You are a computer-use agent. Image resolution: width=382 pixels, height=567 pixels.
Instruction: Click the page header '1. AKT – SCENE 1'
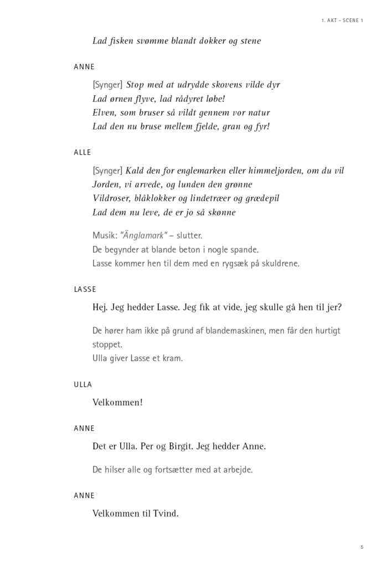342,20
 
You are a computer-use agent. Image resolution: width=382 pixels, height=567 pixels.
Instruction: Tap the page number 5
362,547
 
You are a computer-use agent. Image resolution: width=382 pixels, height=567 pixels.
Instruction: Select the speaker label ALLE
82,152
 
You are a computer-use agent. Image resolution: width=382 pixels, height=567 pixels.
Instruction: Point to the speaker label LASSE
85,289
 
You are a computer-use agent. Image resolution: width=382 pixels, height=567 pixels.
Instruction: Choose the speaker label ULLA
83,384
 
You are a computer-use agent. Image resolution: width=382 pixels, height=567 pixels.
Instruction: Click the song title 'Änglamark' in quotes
143,236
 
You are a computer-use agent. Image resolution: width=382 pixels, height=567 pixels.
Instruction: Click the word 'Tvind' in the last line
167,513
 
